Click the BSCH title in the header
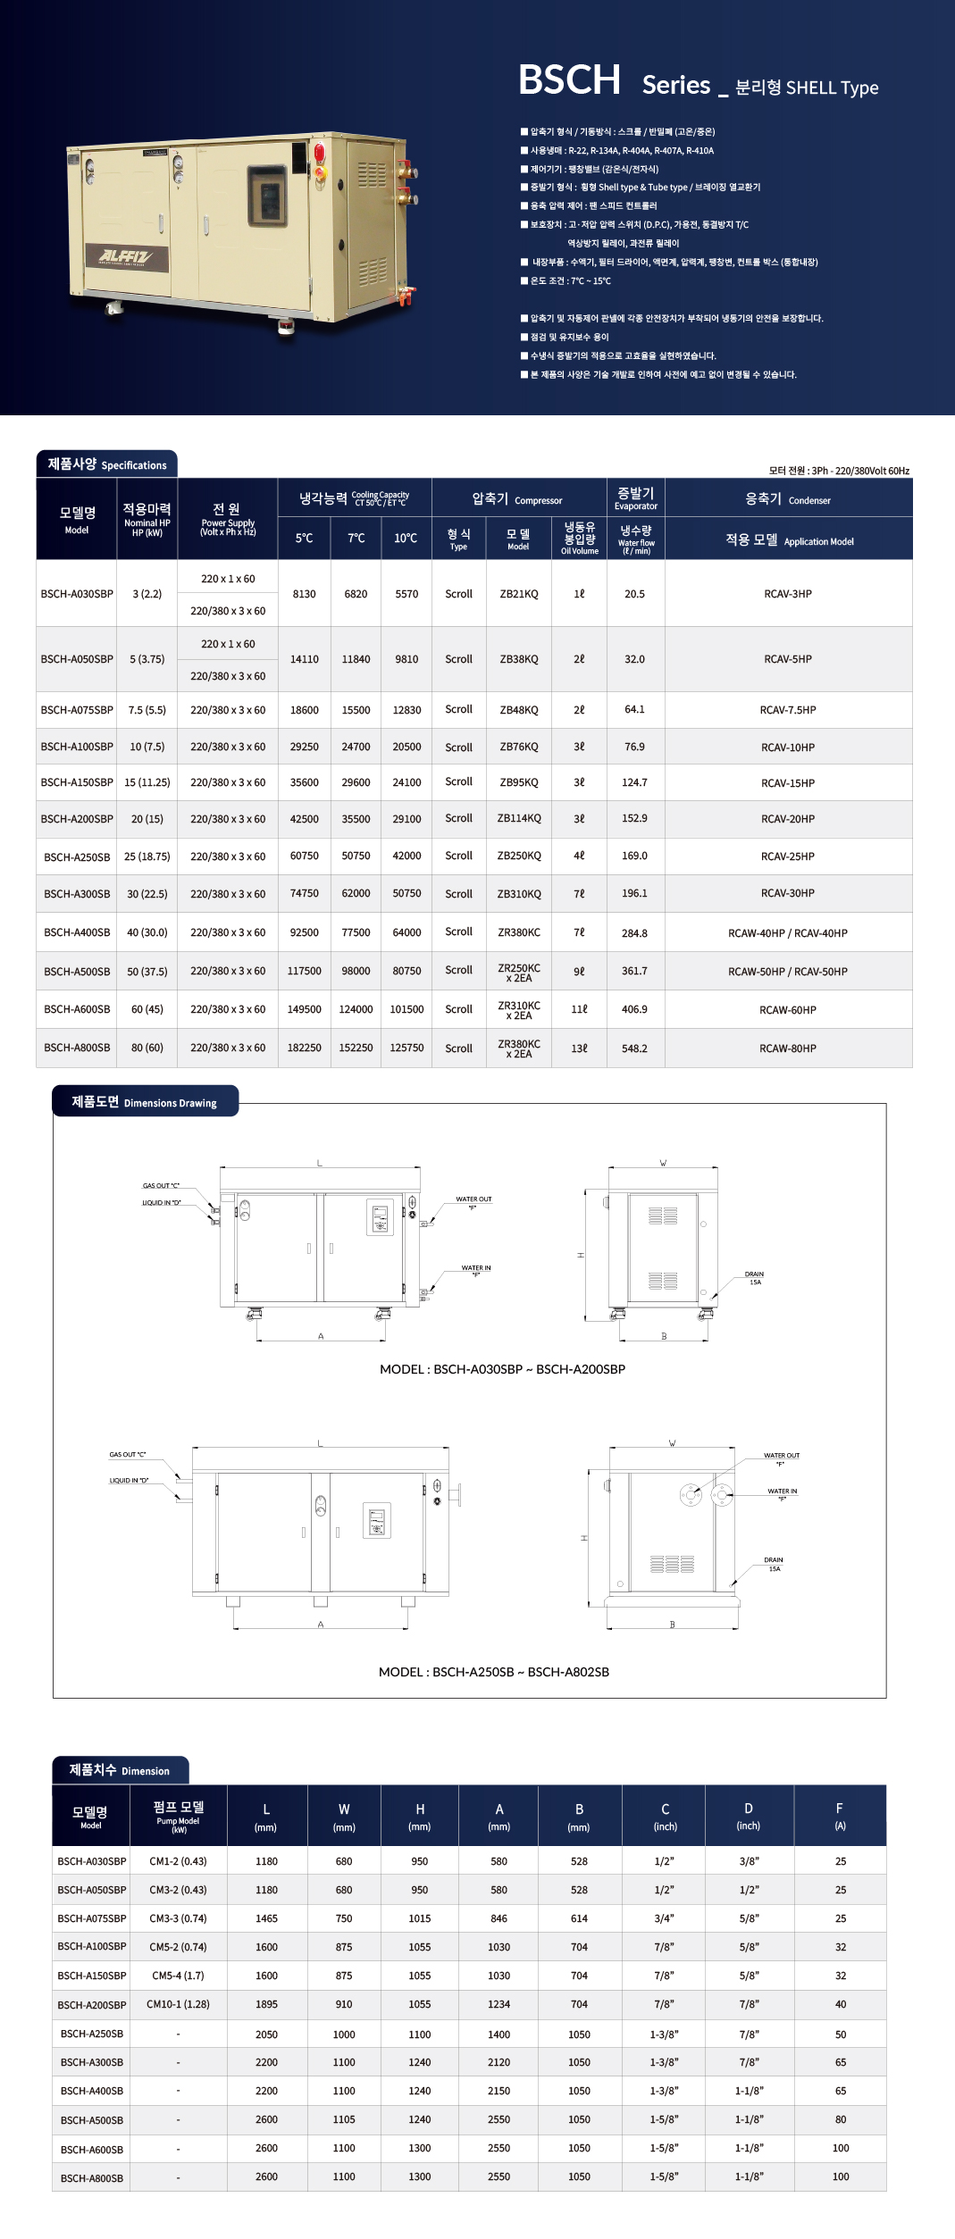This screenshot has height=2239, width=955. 569,80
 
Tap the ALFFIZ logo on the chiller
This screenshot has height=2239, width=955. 126,256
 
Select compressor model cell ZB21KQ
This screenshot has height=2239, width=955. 518,594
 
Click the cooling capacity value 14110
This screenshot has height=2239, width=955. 304,659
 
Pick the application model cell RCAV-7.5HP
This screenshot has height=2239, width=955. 787,710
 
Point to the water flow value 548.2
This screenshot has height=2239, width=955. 634,1048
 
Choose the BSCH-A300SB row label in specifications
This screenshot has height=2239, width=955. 77,894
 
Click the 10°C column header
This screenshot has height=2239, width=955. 406,538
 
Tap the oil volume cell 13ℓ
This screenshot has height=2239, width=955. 579,1048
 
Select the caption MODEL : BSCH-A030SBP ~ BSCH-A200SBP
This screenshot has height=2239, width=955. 502,1369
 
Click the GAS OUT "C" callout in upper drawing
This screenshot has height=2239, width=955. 161,1186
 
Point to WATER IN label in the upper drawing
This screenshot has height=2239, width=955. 475,1269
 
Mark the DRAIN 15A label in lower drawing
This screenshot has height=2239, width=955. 774,1564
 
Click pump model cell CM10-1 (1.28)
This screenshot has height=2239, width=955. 178,2004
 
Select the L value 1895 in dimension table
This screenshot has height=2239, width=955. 266,2004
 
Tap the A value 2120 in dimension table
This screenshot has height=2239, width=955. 498,2062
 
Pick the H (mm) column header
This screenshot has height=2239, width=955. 420,1816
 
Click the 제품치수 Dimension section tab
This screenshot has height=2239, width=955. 120,1770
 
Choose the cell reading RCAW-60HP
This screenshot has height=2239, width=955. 787,1010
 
